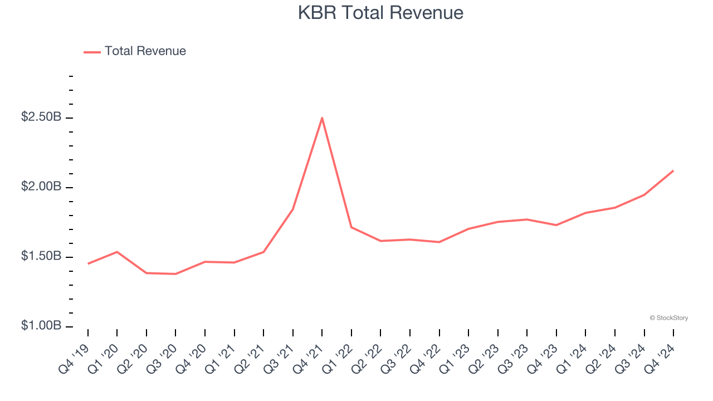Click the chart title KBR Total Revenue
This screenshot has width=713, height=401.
click(380, 12)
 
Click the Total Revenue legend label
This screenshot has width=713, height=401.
click(145, 51)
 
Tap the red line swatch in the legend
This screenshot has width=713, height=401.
click(92, 52)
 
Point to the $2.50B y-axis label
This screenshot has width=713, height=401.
click(41, 118)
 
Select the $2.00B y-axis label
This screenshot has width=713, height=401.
click(41, 187)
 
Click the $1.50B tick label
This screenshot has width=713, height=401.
click(41, 256)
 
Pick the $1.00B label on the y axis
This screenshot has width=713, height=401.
click(41, 326)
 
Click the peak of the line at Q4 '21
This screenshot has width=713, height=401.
click(322, 118)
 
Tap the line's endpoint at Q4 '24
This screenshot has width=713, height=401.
click(673, 171)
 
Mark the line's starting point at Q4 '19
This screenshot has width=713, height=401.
click(88, 263)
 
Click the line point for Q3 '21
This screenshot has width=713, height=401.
click(293, 209)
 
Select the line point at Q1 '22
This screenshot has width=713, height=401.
click(351, 227)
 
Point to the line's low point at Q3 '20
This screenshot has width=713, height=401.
click(175, 274)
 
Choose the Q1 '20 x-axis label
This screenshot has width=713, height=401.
click(106, 356)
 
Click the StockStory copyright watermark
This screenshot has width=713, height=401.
click(668, 318)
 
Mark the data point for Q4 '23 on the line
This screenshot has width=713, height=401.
click(556, 225)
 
